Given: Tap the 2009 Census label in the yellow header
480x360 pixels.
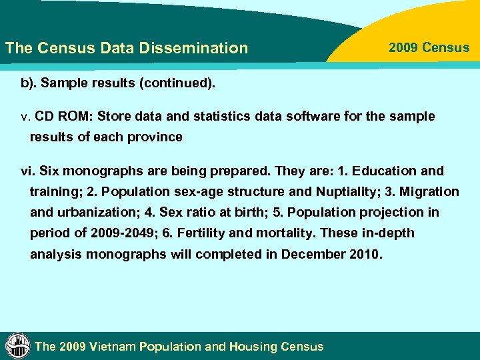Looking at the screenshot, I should [x=429, y=48].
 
